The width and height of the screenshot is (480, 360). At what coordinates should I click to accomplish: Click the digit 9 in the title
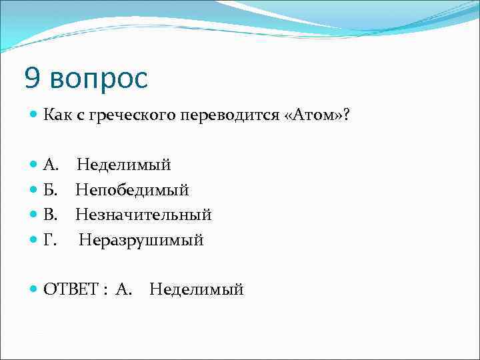[32, 79]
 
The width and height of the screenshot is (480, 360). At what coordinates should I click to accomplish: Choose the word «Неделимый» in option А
[123, 165]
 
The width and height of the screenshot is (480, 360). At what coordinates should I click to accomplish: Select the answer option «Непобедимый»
[132, 190]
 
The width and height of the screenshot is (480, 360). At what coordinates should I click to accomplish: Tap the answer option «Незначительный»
[143, 215]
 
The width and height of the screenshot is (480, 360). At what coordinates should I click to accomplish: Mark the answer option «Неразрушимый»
[141, 240]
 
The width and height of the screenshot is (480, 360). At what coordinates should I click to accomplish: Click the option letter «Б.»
[51, 190]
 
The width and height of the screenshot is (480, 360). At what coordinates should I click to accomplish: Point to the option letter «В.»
[51, 215]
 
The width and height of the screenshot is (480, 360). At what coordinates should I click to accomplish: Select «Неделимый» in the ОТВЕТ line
[197, 289]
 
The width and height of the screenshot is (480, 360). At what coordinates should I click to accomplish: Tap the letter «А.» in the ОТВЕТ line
[123, 289]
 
